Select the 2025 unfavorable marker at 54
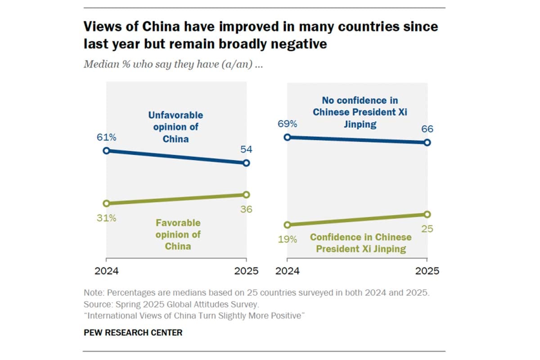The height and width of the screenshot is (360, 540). click(246, 163)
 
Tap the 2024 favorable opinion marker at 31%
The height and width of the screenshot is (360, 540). click(106, 203)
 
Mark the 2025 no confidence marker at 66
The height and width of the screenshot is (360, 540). click(427, 142)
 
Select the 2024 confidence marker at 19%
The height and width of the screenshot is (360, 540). click(287, 225)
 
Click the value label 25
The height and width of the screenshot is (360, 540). click(427, 229)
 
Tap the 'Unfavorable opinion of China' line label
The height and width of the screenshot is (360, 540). click(175, 127)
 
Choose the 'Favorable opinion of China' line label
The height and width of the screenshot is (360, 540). click(178, 234)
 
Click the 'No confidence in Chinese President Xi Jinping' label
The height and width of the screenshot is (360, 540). click(360, 112)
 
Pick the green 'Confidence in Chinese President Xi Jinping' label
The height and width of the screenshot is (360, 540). click(361, 243)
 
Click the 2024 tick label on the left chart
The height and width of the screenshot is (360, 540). click(106, 271)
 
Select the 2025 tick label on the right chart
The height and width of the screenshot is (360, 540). click(427, 271)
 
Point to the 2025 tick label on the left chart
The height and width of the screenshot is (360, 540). click(246, 271)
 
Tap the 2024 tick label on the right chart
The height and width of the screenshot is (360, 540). click(288, 271)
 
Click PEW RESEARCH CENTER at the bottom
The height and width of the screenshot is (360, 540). click(133, 333)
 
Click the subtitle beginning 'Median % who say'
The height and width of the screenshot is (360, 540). click(173, 64)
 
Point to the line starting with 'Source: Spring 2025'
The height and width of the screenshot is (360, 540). click(171, 304)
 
